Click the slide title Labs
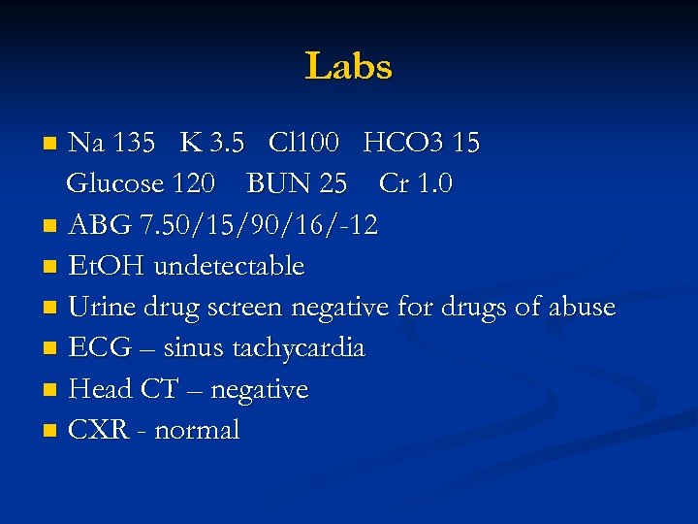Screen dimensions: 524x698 point(349,67)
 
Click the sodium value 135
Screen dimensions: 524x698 point(134,144)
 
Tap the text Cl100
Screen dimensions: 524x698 point(303,144)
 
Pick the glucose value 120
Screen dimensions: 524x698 point(196,183)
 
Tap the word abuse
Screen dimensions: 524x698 point(579,308)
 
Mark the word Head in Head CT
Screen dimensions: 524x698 point(99,390)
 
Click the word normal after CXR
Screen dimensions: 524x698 point(198,431)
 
